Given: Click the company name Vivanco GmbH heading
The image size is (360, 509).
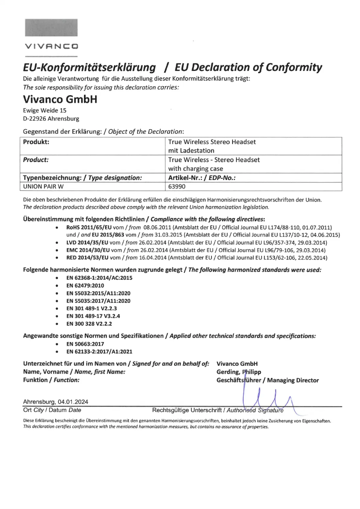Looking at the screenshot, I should click(x=60, y=99).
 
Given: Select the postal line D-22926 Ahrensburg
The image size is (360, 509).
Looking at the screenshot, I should click(x=51, y=119).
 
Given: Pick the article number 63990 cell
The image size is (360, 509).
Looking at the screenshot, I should click(x=177, y=187).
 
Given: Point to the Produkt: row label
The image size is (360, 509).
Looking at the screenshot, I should click(x=36, y=142).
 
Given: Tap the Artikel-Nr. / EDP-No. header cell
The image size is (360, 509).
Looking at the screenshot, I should click(x=202, y=178).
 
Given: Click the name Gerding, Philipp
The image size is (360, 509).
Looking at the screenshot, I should click(x=239, y=372).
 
